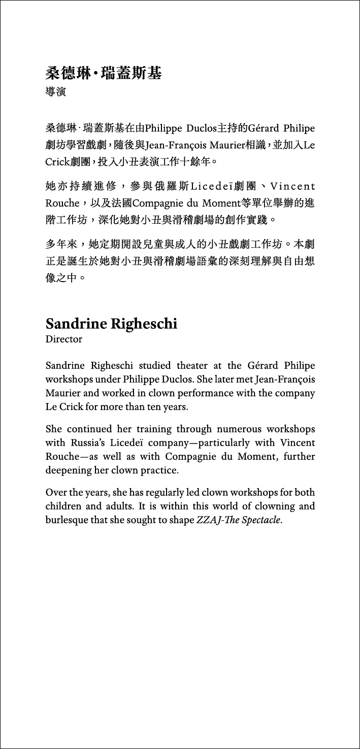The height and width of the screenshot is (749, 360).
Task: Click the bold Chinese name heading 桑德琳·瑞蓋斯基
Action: coord(103,74)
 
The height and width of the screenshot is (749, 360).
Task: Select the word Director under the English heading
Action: coord(63,339)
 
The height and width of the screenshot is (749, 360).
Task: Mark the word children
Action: coord(64,506)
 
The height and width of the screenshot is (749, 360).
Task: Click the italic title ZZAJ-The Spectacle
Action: coord(239,520)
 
